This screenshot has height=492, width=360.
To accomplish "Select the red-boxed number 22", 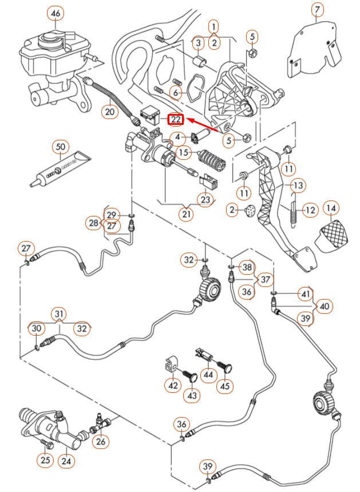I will (x=175, y=119).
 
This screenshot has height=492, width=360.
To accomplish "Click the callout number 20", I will (x=110, y=112).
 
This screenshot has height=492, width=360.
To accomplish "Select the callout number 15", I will (x=183, y=152).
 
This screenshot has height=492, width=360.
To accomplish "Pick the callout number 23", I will (x=205, y=199).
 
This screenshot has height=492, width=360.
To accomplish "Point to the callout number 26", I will (x=101, y=441).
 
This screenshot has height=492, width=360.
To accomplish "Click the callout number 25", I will (x=44, y=460).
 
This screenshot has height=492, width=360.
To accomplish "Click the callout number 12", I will (x=310, y=210).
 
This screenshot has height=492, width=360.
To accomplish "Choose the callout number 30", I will (x=37, y=328).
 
